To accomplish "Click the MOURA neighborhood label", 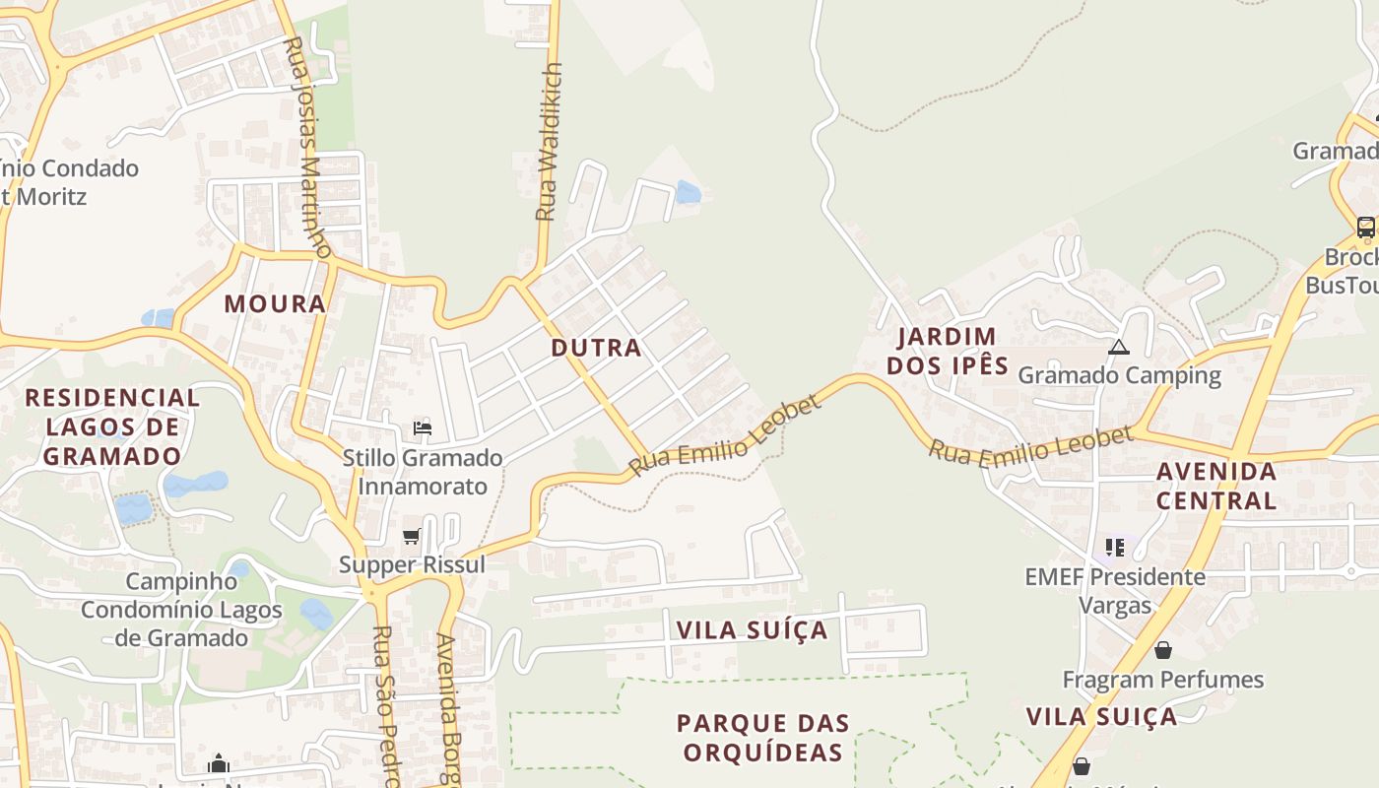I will (x=275, y=303).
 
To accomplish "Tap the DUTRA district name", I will (x=596, y=347).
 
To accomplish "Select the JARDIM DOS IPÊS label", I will (x=948, y=352).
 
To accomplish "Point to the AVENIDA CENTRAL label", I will (x=1216, y=486).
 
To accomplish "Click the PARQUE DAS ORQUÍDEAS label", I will (x=762, y=738).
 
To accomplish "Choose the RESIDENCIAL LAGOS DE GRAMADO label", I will (x=112, y=427).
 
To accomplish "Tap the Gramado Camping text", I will (x=1119, y=375).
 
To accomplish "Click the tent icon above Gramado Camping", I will (x=1118, y=347).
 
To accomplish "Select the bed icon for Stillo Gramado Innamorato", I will (x=423, y=428).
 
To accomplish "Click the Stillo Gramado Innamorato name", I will (x=423, y=472).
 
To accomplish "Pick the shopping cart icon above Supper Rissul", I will (x=412, y=537).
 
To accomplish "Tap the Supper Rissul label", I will (x=413, y=565).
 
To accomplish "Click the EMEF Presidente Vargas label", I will (x=1115, y=590).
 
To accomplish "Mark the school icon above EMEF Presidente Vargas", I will (x=1115, y=548).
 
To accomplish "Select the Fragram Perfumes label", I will (x=1162, y=680).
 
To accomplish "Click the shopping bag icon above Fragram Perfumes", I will (x=1163, y=651).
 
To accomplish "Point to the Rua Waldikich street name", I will (x=549, y=142).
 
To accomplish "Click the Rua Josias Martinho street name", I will (x=306, y=148).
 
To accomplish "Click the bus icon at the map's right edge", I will (x=1365, y=228).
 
